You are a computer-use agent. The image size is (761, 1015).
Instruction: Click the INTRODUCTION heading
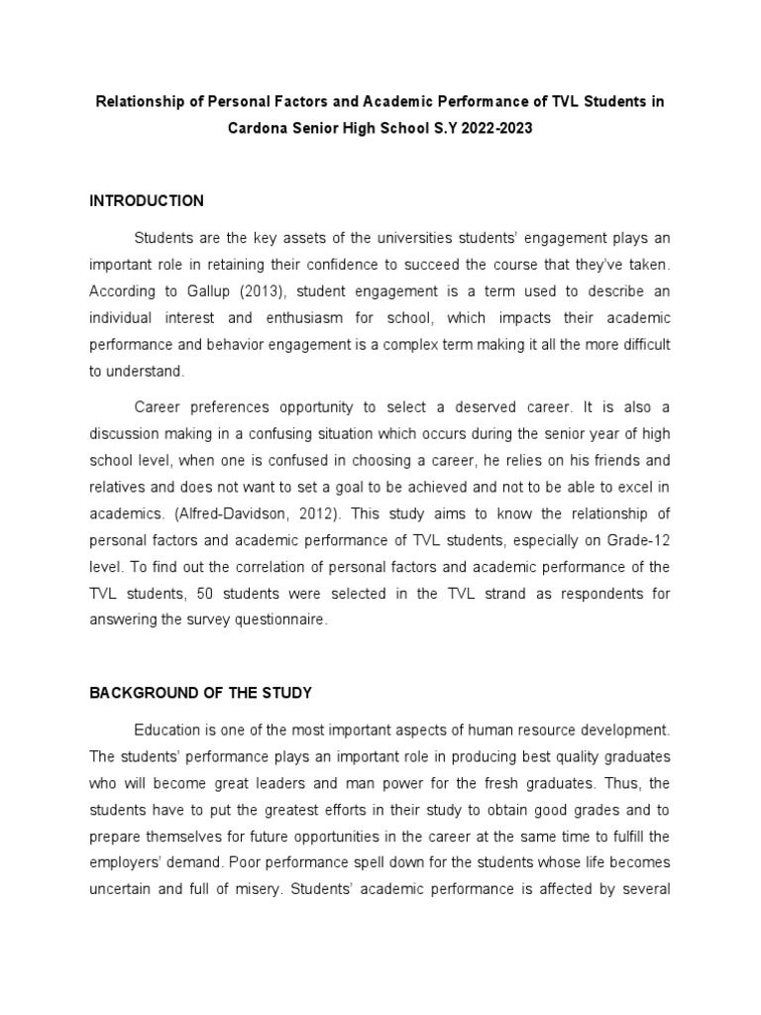[x=147, y=201]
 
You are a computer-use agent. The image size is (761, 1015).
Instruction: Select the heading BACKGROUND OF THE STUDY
[x=201, y=692]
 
